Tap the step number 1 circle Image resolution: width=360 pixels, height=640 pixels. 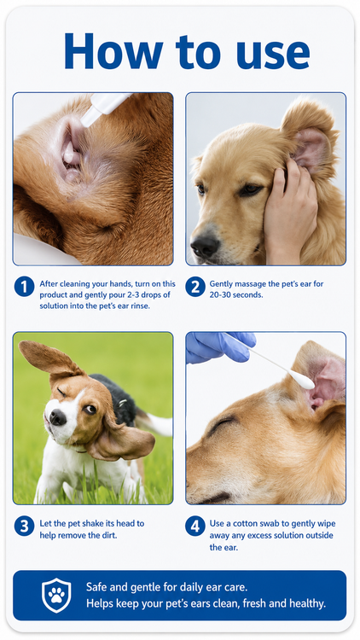click(24, 287)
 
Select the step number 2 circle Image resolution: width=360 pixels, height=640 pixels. click(195, 287)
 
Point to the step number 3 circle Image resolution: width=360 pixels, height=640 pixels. click(24, 527)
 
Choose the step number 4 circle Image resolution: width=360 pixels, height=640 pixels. click(195, 527)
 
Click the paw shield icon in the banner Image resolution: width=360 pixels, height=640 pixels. click(56, 595)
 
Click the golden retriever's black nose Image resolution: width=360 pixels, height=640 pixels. click(206, 246)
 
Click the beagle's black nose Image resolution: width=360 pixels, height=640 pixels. click(57, 417)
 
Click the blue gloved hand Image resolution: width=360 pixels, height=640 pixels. click(219, 347)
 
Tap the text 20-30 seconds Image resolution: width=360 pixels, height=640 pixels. click(236, 294)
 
